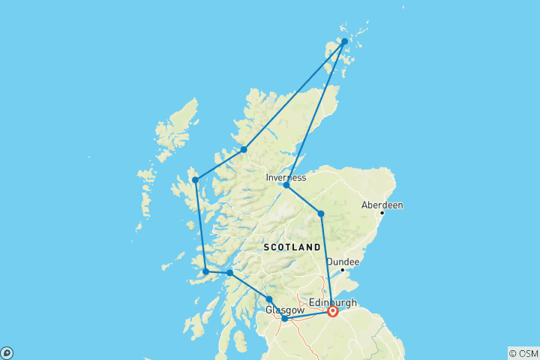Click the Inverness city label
click(286, 178)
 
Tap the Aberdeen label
click(382, 204)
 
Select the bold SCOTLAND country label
click(292, 247)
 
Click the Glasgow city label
click(284, 310)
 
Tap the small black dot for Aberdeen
click(382, 213)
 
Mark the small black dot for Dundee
click(343, 270)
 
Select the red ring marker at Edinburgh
click(332, 311)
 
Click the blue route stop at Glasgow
click(285, 319)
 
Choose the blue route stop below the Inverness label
click(286, 184)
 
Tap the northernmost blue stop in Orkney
click(344, 41)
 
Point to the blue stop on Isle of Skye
click(195, 179)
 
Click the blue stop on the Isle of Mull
click(205, 271)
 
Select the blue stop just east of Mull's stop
click(229, 273)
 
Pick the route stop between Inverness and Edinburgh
click(321, 214)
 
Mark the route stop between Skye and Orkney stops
click(244, 149)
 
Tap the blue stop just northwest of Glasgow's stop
click(269, 299)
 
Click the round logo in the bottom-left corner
click(7, 352)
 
